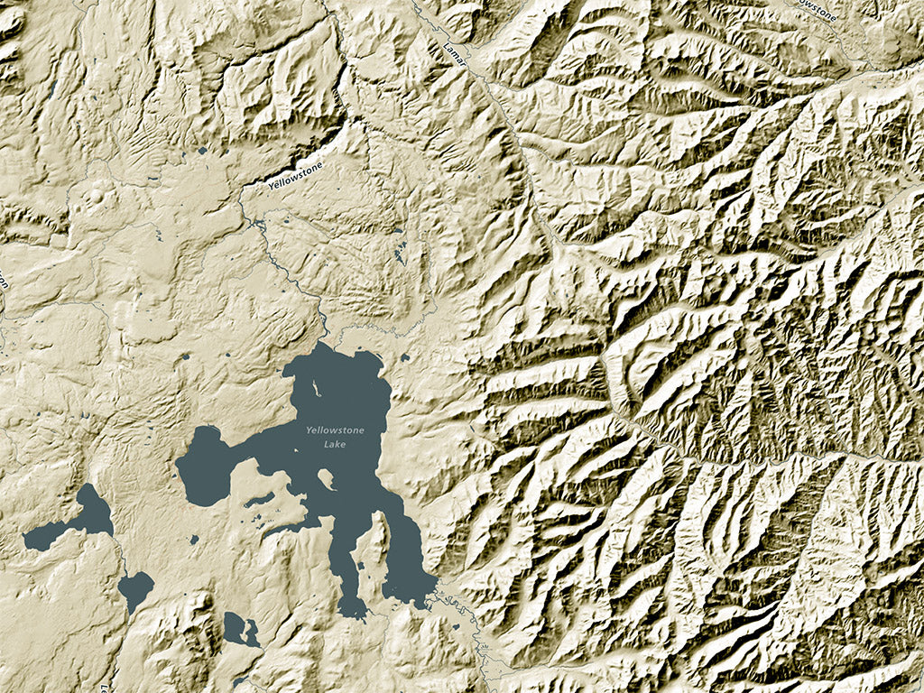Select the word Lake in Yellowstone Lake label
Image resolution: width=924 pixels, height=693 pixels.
(x=335, y=444)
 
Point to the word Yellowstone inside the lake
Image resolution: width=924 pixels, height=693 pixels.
(x=335, y=430)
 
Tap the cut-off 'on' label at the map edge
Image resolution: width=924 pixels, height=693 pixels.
(x=4, y=282)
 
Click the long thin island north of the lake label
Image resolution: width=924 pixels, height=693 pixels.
(x=315, y=389)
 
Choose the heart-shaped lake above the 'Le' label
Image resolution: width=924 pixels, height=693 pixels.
(x=135, y=590)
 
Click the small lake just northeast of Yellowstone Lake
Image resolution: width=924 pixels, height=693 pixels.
(x=405, y=357)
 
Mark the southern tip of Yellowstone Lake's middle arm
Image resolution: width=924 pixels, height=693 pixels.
(x=355, y=613)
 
